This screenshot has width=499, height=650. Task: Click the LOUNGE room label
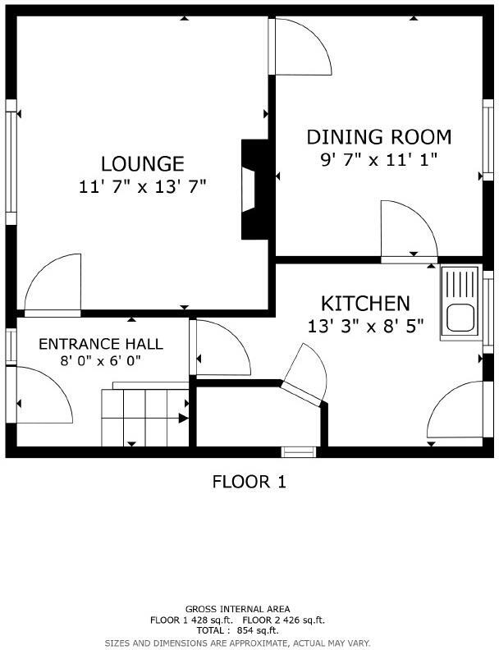[142, 163]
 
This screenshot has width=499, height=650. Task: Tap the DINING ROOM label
[378, 136]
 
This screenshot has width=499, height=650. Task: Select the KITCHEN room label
[365, 303]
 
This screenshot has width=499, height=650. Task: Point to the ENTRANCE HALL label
[101, 343]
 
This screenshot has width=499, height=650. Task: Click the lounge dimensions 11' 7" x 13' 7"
[142, 187]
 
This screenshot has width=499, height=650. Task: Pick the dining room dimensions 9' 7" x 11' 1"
[378, 160]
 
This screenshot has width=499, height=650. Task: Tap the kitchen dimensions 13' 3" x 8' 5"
[365, 327]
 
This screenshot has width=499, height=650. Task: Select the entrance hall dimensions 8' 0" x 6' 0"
[101, 360]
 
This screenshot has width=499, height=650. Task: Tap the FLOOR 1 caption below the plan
[249, 482]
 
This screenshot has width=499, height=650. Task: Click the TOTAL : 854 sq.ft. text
[249, 630]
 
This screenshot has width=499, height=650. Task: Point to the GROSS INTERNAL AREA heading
[249, 610]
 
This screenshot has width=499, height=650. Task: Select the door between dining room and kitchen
[410, 232]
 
